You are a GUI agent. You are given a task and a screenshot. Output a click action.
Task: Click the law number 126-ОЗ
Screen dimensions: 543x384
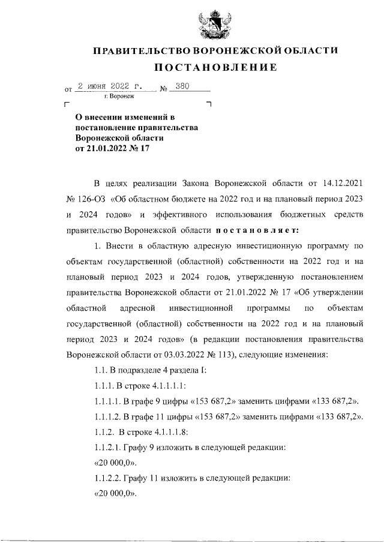point(88,199)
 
